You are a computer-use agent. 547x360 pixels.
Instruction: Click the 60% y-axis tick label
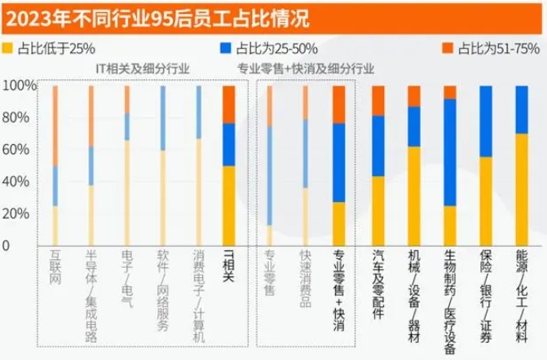click(x=19, y=150)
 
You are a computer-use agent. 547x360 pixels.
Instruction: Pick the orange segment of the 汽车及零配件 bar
click(x=377, y=100)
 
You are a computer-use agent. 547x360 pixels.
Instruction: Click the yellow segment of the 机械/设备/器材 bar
click(x=413, y=195)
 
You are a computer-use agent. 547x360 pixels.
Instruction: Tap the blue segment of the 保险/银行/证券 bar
click(x=485, y=121)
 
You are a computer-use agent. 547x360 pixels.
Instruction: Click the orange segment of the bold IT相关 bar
click(x=228, y=103)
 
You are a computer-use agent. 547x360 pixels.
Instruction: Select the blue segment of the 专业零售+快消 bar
click(x=338, y=162)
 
